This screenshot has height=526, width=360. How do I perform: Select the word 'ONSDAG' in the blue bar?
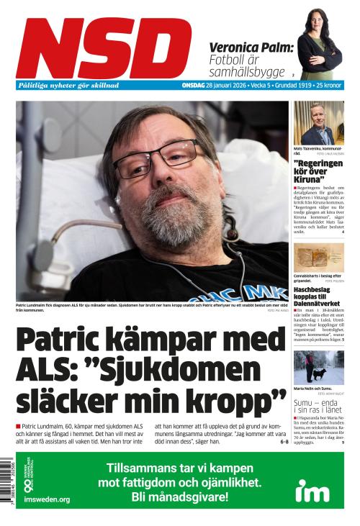(x=193, y=86)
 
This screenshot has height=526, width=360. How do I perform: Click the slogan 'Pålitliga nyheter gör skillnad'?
(x=68, y=86)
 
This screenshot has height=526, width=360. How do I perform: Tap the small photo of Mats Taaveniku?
(x=318, y=123)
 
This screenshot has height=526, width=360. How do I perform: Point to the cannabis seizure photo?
(x=318, y=257)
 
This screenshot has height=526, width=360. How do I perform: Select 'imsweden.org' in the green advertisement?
(x=47, y=499)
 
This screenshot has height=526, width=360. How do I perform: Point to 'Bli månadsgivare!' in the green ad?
(x=179, y=496)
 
